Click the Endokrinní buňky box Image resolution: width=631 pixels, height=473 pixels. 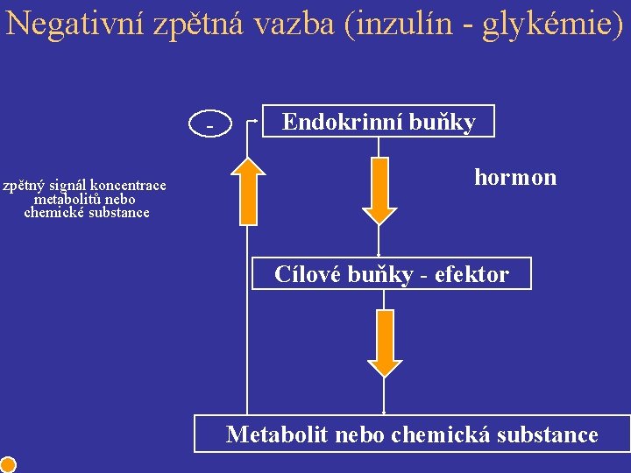[379, 122]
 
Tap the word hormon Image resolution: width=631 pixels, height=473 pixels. [515, 177]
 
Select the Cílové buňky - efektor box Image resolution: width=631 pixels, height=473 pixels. [391, 274]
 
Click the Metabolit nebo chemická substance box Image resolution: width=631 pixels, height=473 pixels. [412, 434]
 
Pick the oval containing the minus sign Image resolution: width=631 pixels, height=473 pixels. [209, 126]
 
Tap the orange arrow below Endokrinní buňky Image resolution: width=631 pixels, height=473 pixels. [379, 190]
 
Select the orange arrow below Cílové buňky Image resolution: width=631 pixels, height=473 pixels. [385, 341]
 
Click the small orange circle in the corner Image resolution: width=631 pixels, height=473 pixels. [8, 464]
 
